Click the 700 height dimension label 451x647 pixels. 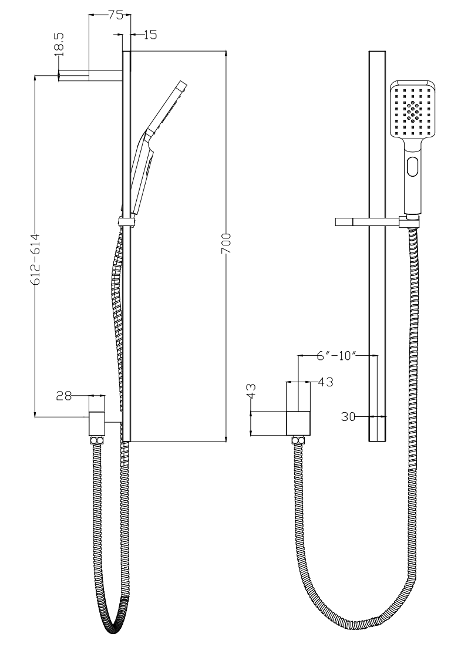(x=226, y=247)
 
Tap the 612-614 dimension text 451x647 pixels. (x=35, y=260)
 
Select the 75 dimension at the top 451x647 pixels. (x=116, y=16)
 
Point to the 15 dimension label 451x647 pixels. (x=151, y=35)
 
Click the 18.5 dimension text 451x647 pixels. (x=59, y=45)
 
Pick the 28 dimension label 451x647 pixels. (x=64, y=396)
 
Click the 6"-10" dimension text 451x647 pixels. (x=336, y=356)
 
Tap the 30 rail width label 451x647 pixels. (x=348, y=417)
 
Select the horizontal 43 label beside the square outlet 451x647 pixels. (x=325, y=382)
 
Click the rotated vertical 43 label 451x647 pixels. (x=251, y=391)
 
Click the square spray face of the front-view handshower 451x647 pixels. (x=413, y=110)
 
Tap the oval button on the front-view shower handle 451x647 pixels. (x=413, y=167)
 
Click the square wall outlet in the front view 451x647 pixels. (x=298, y=424)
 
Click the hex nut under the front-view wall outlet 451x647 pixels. (x=298, y=440)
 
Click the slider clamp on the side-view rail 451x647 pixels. (x=126, y=221)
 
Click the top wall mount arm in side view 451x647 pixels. (x=91, y=75)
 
